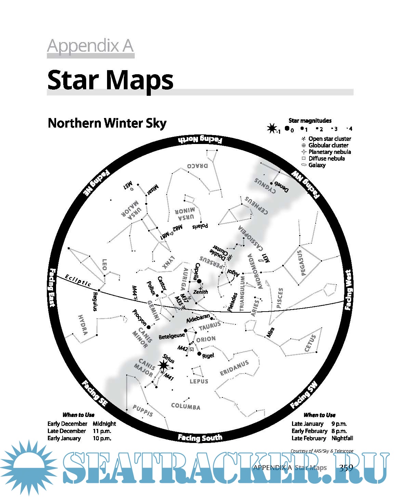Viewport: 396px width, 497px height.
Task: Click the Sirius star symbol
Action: tap(163, 366)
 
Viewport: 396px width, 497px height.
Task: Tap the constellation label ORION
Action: tap(206, 339)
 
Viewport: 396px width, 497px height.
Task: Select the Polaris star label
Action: tap(200, 226)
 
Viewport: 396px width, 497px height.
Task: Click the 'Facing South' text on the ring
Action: tap(200, 437)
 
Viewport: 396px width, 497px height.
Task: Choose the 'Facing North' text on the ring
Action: tap(200, 139)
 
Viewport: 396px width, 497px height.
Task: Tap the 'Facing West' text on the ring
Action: tap(348, 290)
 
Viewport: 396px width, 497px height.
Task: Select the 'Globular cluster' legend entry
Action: tap(328, 145)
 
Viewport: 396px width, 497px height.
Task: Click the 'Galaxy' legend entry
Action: tap(317, 165)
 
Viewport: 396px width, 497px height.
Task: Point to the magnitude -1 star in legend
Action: tap(272, 129)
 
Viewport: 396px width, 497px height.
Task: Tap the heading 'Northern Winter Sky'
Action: tap(107, 123)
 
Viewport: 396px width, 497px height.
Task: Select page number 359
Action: tap(346, 468)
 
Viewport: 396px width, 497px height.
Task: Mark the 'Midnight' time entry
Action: tap(104, 423)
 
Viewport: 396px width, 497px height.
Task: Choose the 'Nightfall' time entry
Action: tap(342, 438)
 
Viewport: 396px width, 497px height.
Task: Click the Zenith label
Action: tap(200, 292)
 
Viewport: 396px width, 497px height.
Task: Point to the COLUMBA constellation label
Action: tap(186, 406)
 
